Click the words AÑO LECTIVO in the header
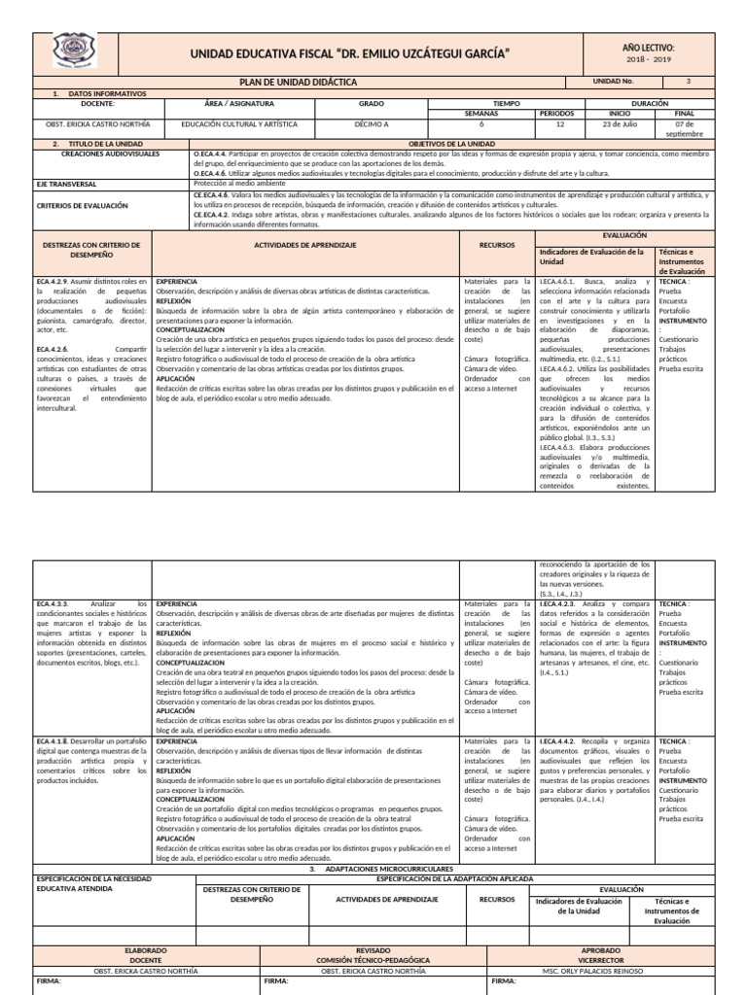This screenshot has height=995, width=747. (x=647, y=47)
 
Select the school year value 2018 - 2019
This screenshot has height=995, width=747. (x=648, y=60)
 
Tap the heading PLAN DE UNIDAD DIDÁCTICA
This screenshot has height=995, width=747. (x=299, y=83)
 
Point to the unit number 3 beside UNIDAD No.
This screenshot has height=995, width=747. (x=689, y=82)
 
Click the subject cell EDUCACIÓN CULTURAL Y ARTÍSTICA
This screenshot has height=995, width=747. (x=238, y=125)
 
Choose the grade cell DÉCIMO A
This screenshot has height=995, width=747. (x=372, y=125)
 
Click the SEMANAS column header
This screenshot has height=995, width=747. (x=480, y=114)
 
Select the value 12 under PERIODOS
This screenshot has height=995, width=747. (x=559, y=125)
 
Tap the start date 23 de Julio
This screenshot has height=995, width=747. (x=619, y=125)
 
